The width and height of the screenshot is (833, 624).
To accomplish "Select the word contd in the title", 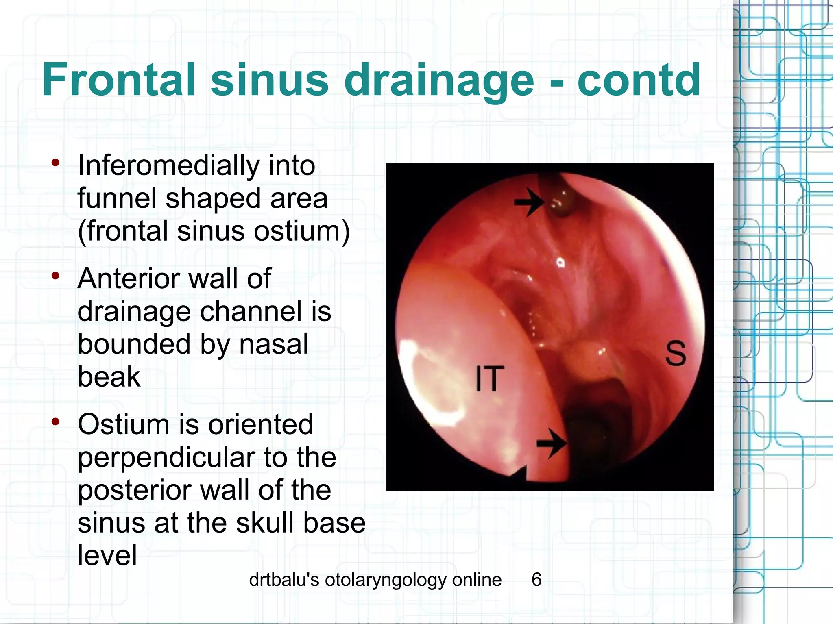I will pyautogui.click(x=639, y=80).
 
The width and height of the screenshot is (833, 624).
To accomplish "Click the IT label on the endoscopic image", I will pyautogui.click(x=490, y=379).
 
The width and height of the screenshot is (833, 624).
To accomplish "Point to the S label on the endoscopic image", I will pyautogui.click(x=676, y=354).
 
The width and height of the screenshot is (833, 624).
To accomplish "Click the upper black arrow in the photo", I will pyautogui.click(x=529, y=202).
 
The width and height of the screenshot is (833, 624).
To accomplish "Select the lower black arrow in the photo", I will pyautogui.click(x=551, y=443).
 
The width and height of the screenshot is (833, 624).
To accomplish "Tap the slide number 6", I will pyautogui.click(x=536, y=579).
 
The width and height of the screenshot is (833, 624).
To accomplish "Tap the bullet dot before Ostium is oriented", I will pyautogui.click(x=56, y=422).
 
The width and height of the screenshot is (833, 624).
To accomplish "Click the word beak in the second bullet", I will pyautogui.click(x=109, y=377).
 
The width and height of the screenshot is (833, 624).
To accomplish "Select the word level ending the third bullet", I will pyautogui.click(x=107, y=555).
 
